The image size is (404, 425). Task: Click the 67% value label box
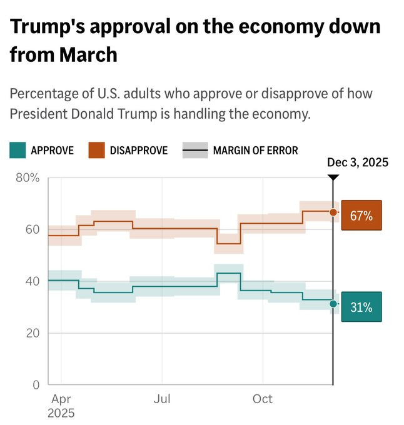point(361,216)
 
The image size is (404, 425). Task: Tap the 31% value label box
point(361,307)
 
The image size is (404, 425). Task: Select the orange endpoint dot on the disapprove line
point(333,212)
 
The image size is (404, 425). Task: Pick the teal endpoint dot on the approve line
point(333,304)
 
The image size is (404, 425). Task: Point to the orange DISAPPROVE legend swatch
point(96,150)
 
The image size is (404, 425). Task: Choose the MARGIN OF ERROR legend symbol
point(194,150)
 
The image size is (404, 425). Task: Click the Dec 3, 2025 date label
point(358,162)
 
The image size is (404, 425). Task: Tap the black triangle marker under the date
point(333,177)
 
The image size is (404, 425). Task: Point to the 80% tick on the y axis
point(27,177)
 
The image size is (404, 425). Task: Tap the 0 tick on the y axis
point(36,384)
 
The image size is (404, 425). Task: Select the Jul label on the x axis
point(162,398)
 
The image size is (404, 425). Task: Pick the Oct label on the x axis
point(263,398)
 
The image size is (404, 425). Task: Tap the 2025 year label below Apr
point(61,413)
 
